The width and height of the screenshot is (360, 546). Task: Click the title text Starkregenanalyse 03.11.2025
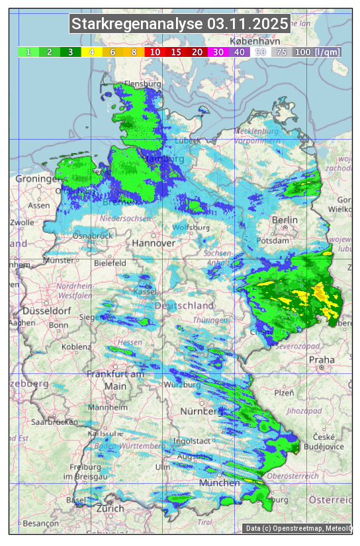(x=180, y=24)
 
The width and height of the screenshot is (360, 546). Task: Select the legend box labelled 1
(x=28, y=52)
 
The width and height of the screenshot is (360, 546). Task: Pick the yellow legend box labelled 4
(x=91, y=52)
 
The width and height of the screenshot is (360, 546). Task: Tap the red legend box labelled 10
(x=155, y=52)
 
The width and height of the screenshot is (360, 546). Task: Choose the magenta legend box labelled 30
(x=218, y=52)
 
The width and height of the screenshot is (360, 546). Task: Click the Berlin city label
(x=285, y=220)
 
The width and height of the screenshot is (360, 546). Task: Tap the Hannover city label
(x=154, y=243)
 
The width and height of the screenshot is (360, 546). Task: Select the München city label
(x=220, y=482)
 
